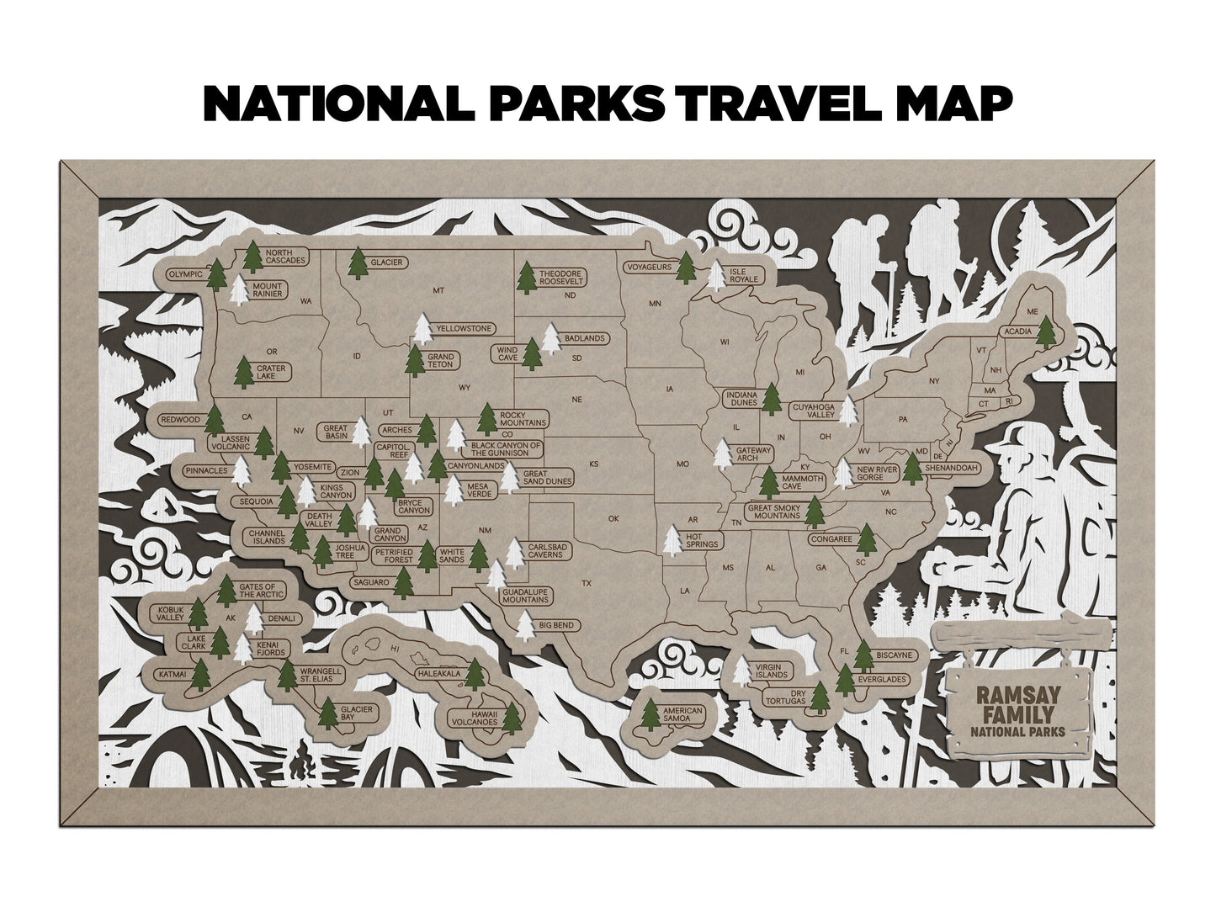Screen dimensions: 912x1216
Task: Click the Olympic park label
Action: pos(186,274)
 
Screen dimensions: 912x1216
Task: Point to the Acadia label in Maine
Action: pos(1016,331)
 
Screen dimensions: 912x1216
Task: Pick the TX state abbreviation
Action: pos(587,583)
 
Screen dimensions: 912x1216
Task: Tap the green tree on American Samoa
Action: pos(650,715)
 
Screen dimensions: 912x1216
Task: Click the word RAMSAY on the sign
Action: pos(1016,696)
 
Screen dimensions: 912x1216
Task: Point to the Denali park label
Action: pos(282,618)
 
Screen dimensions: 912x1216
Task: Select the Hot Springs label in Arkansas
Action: pos(704,540)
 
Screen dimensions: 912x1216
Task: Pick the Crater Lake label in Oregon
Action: pos(272,372)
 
